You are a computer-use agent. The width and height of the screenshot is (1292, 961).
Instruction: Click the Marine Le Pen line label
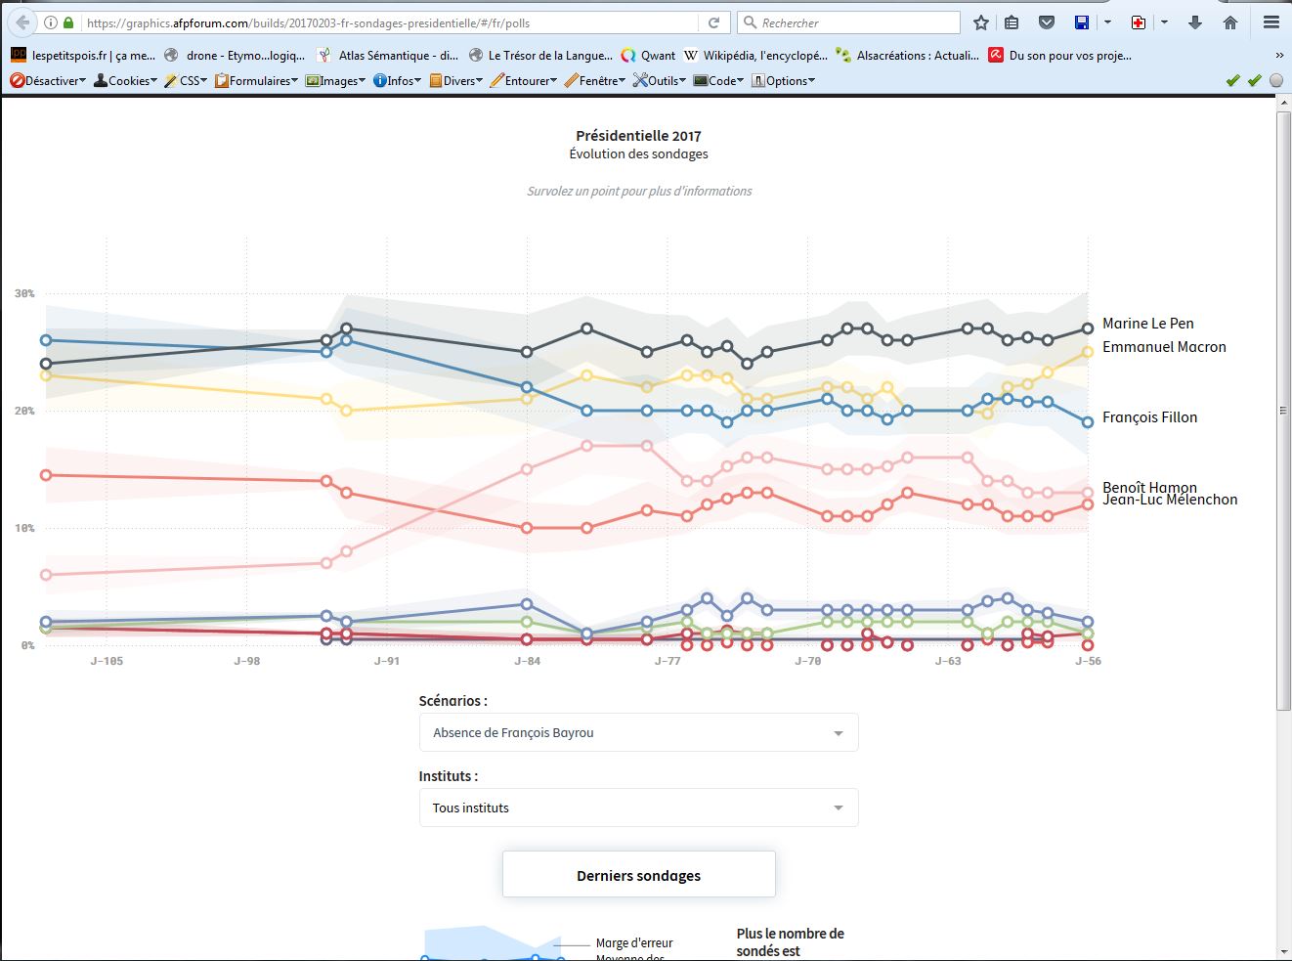point(1147,324)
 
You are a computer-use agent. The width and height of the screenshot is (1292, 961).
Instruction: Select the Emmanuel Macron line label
point(1163,347)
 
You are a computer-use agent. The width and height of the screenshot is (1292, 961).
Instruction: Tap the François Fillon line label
point(1149,417)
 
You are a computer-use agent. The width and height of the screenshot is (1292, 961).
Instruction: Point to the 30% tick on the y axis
point(24,293)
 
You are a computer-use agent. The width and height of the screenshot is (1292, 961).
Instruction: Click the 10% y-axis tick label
point(24,528)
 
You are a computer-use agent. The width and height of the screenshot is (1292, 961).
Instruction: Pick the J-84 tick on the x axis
point(528,661)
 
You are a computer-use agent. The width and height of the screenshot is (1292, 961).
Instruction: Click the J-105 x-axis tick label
point(107,661)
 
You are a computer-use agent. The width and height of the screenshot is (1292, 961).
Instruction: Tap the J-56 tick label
point(1088,661)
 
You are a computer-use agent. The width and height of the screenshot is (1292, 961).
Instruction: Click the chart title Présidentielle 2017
point(638,136)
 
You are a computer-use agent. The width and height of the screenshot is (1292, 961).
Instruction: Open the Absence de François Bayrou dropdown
point(638,732)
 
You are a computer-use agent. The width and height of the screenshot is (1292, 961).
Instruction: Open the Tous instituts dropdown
point(638,808)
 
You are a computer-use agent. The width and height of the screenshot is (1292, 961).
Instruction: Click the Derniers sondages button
point(638,875)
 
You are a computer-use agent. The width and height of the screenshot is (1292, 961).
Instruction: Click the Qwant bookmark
point(649,56)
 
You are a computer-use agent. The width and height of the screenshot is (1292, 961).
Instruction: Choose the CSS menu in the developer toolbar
point(186,81)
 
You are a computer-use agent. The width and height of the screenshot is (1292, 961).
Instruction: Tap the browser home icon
point(1230,22)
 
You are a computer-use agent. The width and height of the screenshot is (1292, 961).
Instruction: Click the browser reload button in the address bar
point(714,22)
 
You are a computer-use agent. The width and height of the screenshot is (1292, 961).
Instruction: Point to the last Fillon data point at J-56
point(1088,422)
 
